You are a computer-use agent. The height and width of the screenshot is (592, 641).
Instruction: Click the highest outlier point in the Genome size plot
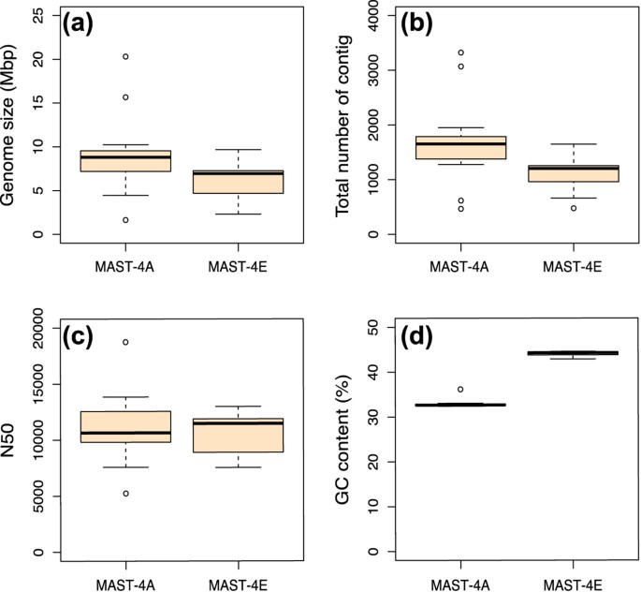(125, 57)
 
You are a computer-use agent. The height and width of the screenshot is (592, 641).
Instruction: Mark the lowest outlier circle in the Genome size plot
(125, 220)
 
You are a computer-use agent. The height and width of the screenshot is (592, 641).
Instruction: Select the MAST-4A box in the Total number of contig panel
(460, 147)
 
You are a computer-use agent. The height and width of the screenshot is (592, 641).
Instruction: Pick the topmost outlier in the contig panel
(460, 52)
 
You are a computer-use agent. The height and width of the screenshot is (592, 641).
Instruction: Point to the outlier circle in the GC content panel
(460, 389)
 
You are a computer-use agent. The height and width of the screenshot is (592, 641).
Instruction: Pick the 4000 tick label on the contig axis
(378, 18)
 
